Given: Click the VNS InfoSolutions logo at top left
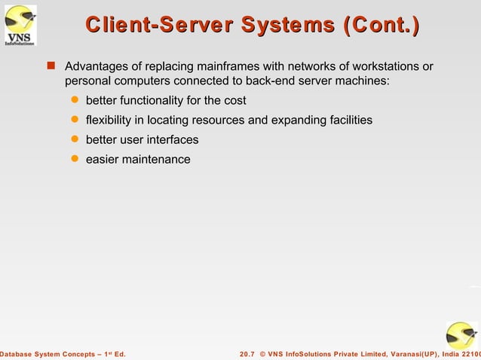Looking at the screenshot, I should click(20, 26).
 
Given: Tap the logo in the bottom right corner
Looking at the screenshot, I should click(461, 336).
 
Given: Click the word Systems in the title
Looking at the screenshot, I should click(291, 27).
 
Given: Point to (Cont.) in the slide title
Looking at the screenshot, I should click(381, 27).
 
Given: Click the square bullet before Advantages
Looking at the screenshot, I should click(52, 67).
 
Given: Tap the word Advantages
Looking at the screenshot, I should click(98, 68).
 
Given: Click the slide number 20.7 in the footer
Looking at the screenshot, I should click(247, 353).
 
